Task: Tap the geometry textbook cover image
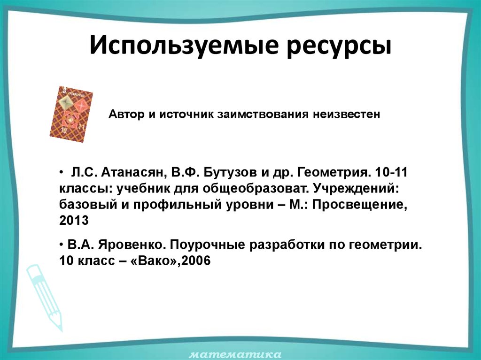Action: tap(71, 114)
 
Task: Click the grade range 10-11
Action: tap(393, 173)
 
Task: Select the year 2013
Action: tap(74, 221)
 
